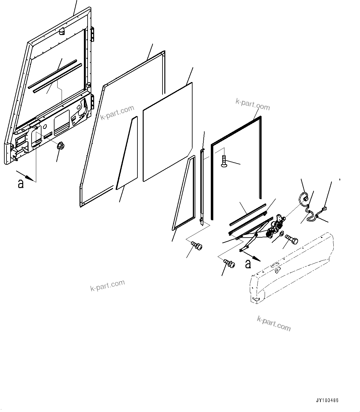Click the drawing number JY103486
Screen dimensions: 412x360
point(327,400)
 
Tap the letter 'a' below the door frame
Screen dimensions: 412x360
point(21,184)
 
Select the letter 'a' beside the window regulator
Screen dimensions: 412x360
point(248,264)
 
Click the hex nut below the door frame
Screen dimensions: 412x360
point(61,145)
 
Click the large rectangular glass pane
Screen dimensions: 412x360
point(167,132)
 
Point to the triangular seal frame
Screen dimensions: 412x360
point(184,198)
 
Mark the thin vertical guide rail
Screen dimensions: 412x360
point(202,186)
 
